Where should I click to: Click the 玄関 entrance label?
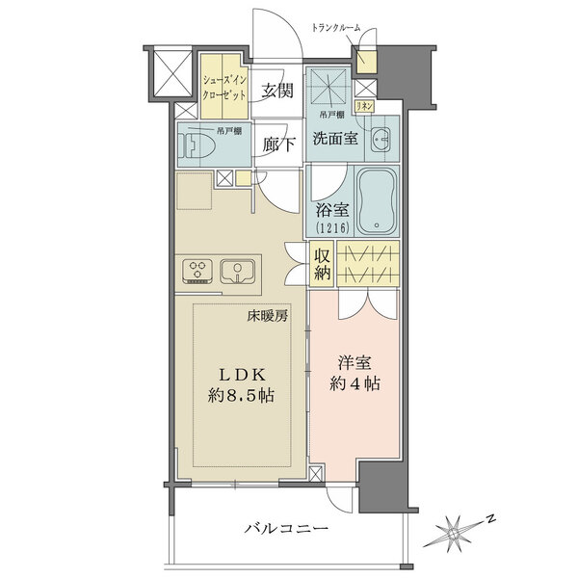point(277,91)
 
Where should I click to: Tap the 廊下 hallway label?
point(279,144)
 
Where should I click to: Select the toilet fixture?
point(197,146)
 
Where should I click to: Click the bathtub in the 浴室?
point(377,201)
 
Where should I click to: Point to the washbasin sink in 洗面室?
point(381,140)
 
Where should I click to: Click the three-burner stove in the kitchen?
point(197,272)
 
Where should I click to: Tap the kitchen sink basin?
point(238,272)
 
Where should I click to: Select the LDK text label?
point(243,375)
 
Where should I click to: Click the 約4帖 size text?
point(355,384)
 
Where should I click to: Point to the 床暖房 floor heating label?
point(267,316)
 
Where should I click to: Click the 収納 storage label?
point(322,264)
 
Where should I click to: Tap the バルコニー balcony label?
point(286,529)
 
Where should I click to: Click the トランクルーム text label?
point(336,28)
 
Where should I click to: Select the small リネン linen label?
point(364,107)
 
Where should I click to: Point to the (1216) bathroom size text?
point(332,227)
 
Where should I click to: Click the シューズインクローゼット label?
point(224,88)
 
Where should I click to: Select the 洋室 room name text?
point(355,363)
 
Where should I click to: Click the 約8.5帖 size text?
point(241,396)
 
